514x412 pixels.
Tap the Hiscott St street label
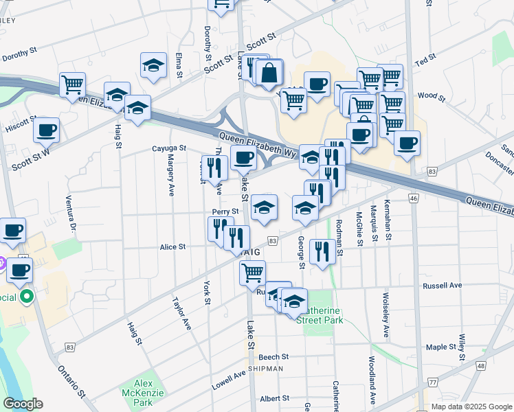(21, 122)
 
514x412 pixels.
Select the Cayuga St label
(169, 148)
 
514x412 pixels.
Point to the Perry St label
(225, 211)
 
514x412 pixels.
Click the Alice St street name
(172, 247)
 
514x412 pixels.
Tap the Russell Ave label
(443, 285)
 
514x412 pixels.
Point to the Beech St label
(273, 357)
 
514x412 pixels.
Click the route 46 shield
(413, 198)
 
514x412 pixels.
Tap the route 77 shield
(432, 382)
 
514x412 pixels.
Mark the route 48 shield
(480, 366)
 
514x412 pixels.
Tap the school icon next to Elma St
(153, 65)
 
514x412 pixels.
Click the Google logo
(23, 404)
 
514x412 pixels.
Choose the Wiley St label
(462, 347)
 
